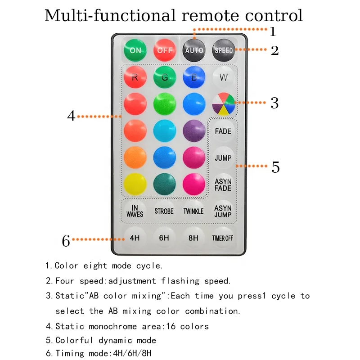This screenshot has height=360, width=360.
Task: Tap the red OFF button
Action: [x=165, y=50]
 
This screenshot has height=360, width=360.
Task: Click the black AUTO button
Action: [x=194, y=50]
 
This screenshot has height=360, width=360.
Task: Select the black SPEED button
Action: [x=224, y=50]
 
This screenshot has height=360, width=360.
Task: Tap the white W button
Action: [x=224, y=77]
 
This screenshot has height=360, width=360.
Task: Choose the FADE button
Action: [x=223, y=131]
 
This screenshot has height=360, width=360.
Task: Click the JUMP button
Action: [x=223, y=157]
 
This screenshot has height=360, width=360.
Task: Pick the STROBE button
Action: [x=164, y=211]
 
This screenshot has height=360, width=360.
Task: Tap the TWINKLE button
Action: [x=193, y=211]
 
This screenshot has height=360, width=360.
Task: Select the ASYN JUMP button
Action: [x=223, y=211]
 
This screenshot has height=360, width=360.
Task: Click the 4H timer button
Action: [x=135, y=238]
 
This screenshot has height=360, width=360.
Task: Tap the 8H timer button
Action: [x=193, y=238]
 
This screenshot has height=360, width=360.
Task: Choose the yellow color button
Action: [x=135, y=184]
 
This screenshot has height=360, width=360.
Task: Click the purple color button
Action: [x=194, y=131]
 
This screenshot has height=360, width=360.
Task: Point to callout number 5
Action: [x=275, y=167]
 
